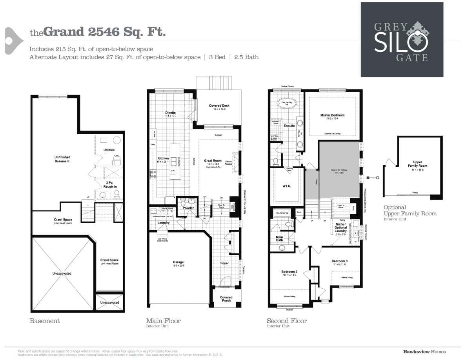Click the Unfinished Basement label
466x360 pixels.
tap(62, 159)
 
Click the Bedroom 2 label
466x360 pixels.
tap(289, 272)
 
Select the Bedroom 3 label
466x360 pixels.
tap(339, 261)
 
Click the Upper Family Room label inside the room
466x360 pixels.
tap(417, 164)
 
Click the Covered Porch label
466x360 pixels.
tap(226, 299)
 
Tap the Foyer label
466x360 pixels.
tap(224, 263)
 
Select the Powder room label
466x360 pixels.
tap(188, 208)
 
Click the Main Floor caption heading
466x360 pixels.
tap(163, 321)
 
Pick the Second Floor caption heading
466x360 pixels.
tap(287, 321)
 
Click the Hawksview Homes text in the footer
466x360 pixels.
tap(424, 351)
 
